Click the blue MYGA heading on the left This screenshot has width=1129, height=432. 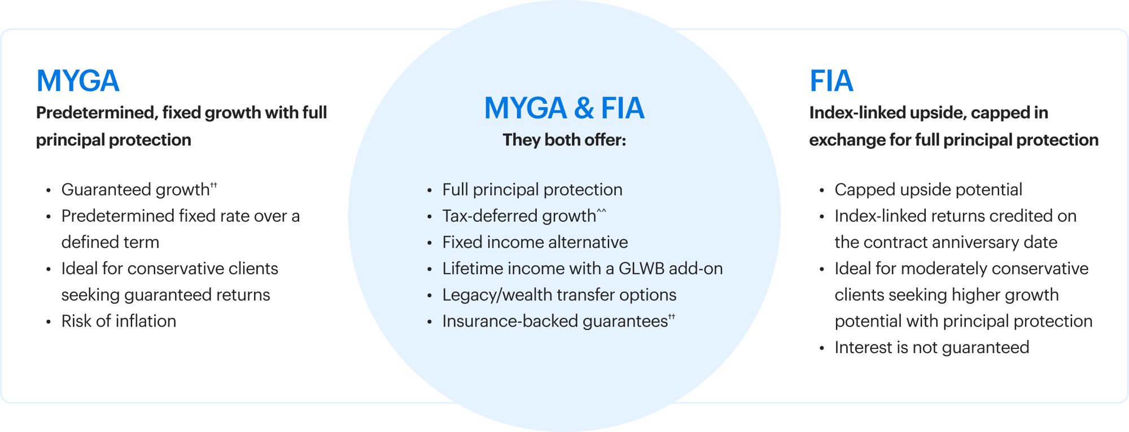point(78,81)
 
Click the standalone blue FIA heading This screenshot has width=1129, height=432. point(831,81)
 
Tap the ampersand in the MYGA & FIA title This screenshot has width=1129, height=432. point(584,108)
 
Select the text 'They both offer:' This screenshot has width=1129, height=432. point(564,140)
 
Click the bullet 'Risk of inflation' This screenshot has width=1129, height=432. point(119,321)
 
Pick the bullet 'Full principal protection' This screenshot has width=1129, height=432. point(532,190)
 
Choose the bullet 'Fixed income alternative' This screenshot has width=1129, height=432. point(535,243)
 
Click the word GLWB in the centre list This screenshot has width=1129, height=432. point(641,269)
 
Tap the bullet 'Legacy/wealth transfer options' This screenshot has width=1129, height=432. point(559,295)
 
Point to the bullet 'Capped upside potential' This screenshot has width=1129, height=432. point(928,190)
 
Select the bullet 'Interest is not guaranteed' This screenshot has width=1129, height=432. point(931,347)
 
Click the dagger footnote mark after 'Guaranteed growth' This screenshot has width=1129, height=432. point(213,185)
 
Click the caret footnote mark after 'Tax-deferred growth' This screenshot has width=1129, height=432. point(601,211)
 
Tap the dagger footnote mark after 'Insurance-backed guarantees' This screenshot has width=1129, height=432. point(672,317)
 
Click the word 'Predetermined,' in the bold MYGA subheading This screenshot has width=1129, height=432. point(97,113)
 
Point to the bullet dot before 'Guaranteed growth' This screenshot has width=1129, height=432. point(49,191)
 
